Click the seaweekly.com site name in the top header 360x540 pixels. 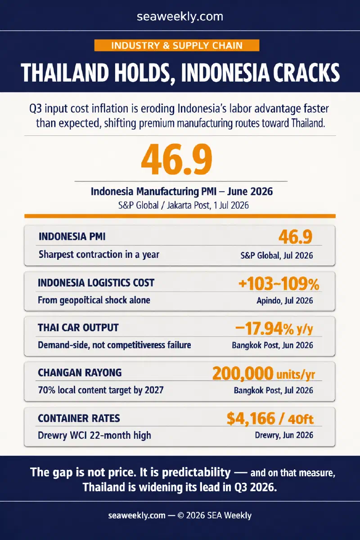tap(180, 17)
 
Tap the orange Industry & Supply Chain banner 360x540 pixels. tap(177, 45)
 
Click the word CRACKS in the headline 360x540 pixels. tap(306, 72)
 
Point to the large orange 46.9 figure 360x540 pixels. tap(177, 160)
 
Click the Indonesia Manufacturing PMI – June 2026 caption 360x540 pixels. tap(182, 191)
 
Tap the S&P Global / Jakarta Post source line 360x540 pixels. tap(184, 205)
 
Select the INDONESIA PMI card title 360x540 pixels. tap(72, 237)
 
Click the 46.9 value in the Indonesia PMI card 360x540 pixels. tap(295, 237)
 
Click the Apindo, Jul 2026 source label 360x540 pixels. tap(284, 301)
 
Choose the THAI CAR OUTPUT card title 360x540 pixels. tap(78, 328)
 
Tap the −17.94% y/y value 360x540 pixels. tap(274, 328)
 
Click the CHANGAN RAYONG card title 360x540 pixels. tap(80, 373)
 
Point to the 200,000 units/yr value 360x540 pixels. tap(264, 373)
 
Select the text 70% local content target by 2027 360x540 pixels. tap(101, 390)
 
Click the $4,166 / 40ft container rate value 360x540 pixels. tap(270, 418)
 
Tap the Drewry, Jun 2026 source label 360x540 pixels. tap(284, 435)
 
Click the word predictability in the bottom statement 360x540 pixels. tap(196, 472)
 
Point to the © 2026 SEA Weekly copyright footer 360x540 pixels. tap(215, 515)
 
